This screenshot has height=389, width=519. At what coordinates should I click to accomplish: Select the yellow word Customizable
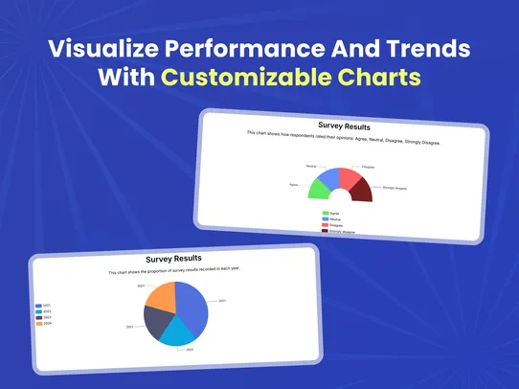pos(291,78)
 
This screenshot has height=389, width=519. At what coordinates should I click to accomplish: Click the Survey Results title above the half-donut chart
pos(344,126)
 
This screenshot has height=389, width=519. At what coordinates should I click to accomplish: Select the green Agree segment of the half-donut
pos(320,189)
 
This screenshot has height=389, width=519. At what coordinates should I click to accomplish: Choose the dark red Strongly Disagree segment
pos(361,190)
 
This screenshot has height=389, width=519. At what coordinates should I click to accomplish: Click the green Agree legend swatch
pos(326,214)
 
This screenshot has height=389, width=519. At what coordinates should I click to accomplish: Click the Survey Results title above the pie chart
pos(173,259)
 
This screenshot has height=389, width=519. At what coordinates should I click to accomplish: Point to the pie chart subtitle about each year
pos(173,270)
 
